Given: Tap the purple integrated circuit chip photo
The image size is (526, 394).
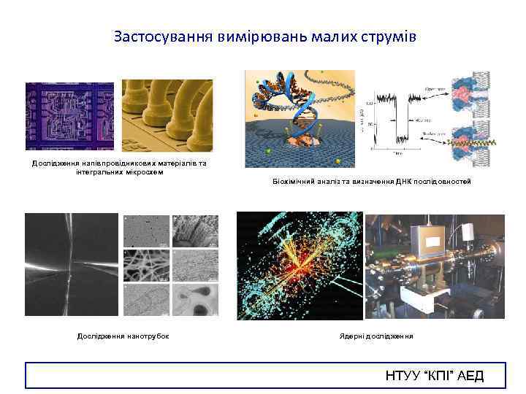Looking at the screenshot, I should (69, 115).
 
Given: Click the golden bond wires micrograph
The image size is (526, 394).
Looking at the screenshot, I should (167, 115).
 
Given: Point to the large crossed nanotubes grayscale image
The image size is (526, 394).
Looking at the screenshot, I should (71, 264).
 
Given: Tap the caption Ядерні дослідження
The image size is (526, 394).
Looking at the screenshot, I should (376, 336).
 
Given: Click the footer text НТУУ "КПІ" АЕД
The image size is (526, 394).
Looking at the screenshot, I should (434, 376).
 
